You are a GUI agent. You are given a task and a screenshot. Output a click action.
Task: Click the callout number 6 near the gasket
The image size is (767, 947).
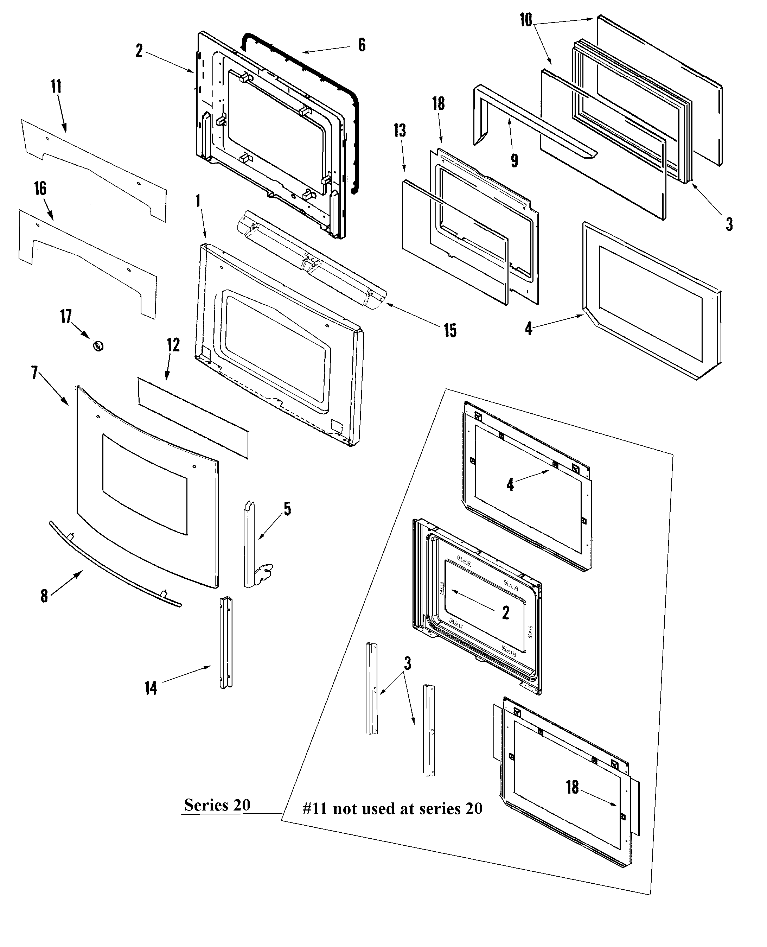pos(362,45)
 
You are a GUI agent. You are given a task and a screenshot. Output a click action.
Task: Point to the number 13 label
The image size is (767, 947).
pos(400,131)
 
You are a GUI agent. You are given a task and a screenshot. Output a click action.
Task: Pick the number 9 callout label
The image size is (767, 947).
pos(514,161)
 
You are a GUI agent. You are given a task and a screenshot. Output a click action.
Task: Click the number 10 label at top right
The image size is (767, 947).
pos(526,20)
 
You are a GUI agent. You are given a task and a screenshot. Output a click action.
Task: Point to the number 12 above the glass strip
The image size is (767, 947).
pos(173,345)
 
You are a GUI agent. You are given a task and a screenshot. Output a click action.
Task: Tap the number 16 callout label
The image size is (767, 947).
pos(40,189)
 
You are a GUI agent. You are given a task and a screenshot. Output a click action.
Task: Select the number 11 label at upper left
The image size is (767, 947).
pos(56,87)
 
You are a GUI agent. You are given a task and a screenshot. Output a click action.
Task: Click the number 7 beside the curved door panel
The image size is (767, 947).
pos(35,373)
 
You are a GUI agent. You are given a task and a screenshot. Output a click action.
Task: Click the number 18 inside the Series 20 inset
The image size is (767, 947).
pos(572,787)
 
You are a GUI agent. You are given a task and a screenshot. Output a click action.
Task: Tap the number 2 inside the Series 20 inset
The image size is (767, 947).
pos(505,612)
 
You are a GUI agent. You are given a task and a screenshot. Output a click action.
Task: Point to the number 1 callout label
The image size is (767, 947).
pos(198,202)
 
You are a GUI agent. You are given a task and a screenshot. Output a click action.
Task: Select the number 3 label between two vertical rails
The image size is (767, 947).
pos(407,663)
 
